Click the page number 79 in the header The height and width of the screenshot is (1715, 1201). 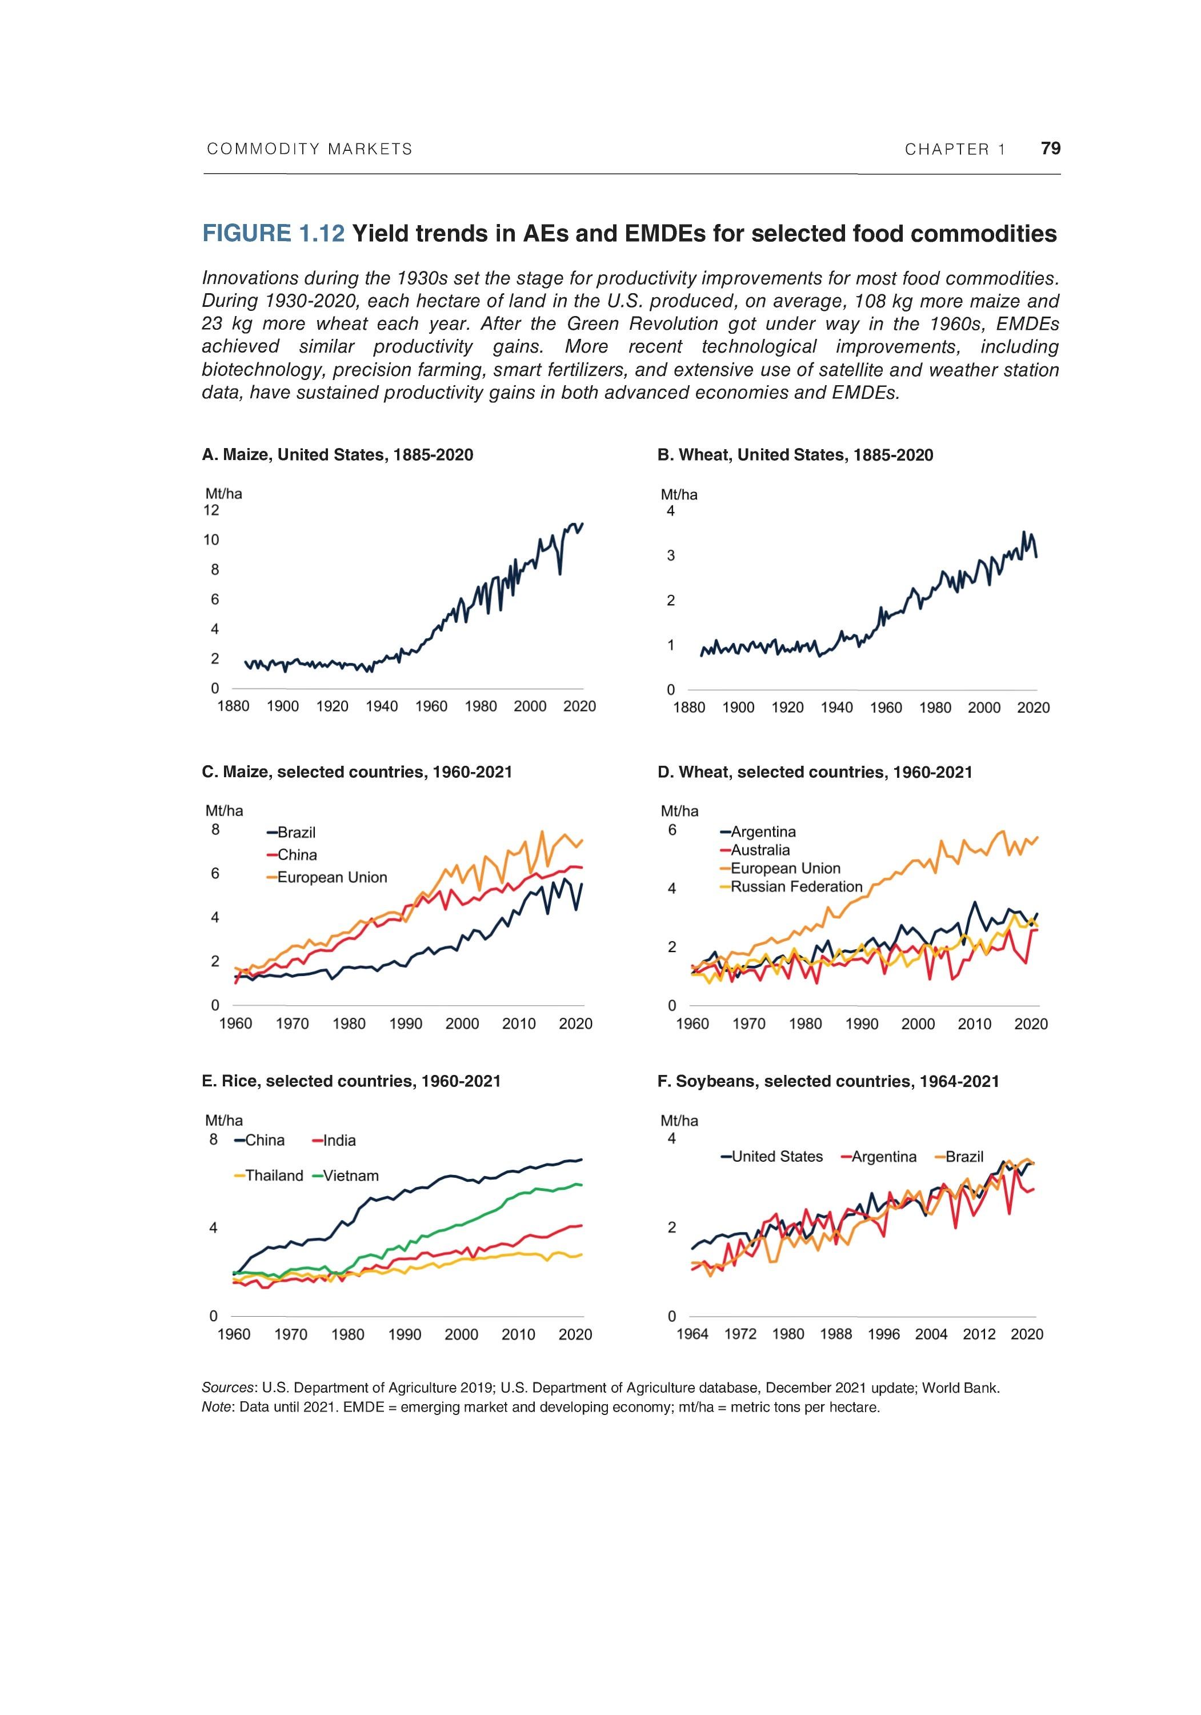1050,148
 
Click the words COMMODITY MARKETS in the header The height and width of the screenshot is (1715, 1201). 309,149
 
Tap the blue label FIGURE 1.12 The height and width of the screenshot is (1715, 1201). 273,234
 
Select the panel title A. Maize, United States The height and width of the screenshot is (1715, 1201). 337,455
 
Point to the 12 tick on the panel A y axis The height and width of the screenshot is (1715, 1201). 211,510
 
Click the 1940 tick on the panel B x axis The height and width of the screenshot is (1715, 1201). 836,707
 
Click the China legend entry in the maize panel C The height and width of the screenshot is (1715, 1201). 297,854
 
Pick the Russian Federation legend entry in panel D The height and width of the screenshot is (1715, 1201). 795,886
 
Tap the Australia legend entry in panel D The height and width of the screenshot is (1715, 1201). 759,850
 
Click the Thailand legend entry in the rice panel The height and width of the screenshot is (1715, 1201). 273,1176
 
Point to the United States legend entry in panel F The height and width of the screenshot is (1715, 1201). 776,1156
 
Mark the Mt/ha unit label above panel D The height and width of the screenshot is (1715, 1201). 679,810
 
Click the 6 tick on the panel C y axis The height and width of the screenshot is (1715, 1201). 215,873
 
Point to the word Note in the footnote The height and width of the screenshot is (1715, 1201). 217,1407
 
